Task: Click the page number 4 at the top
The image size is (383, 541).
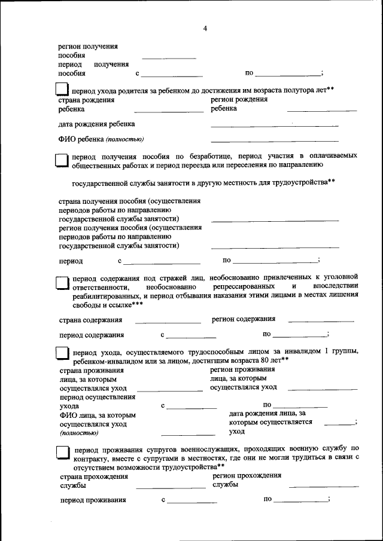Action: pos(205,29)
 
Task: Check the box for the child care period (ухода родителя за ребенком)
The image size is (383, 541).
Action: pos(62,90)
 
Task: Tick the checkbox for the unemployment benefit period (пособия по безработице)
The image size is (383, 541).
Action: pos(62,160)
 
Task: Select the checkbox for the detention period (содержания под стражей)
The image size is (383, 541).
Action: pos(62,282)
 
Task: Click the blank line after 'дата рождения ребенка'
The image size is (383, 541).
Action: pos(274,125)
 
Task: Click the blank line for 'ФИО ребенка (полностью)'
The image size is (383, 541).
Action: pos(274,140)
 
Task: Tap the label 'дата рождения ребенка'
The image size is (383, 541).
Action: pos(96,124)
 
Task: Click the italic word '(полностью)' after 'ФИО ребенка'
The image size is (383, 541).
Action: pos(124,140)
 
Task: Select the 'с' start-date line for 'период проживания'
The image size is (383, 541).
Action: pos(192,502)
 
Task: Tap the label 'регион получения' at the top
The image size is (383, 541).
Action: pos(88,46)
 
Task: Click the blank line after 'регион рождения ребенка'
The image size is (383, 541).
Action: pos(322,111)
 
